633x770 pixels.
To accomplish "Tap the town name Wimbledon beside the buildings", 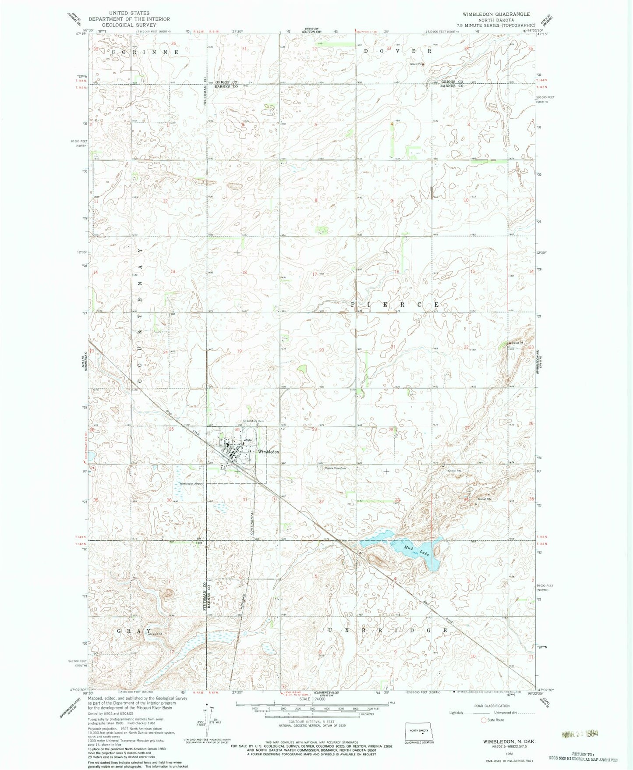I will (x=268, y=451).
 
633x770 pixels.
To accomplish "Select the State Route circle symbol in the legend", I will (x=484, y=720).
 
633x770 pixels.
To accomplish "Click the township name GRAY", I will (x=131, y=631).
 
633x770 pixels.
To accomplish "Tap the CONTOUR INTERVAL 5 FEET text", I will (x=311, y=721).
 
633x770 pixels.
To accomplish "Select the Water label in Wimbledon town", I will (x=249, y=440).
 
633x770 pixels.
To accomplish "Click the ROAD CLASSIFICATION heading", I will (x=492, y=706).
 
